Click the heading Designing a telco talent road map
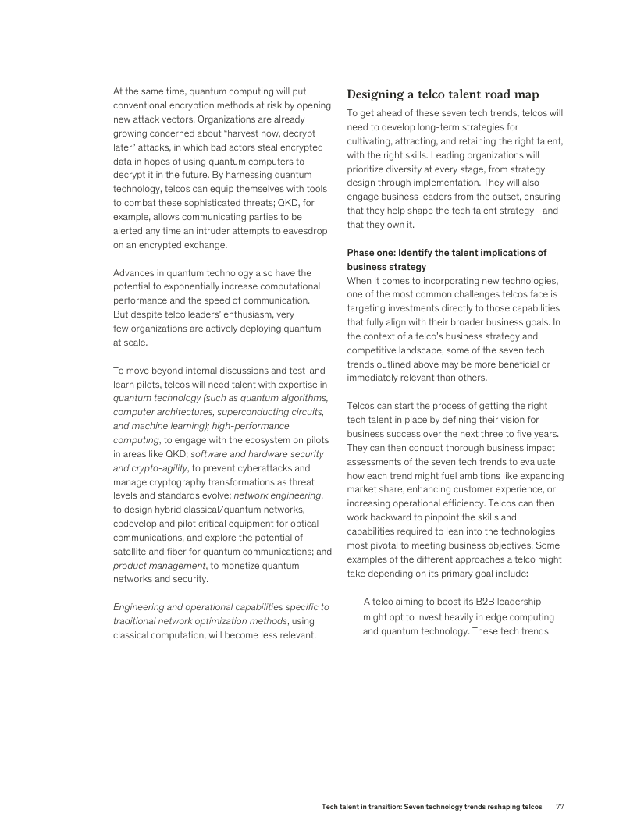click(x=443, y=94)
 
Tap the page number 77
click(x=559, y=806)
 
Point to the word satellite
click(x=134, y=551)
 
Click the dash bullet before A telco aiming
click(x=351, y=601)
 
